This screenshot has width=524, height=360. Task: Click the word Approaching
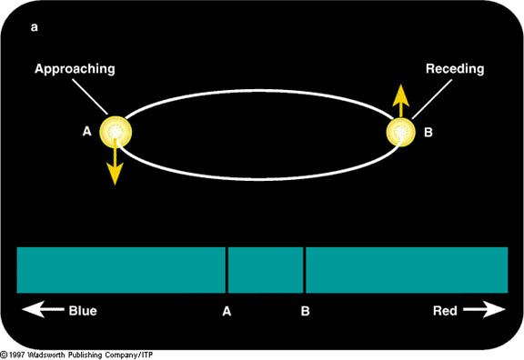[x=75, y=69]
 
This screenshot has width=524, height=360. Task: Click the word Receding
[x=455, y=68]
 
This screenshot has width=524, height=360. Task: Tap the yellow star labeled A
[x=116, y=132]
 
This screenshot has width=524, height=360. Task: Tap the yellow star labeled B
[x=400, y=132]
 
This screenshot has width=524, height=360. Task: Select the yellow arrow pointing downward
[x=115, y=162]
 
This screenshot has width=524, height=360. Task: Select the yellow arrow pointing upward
[x=400, y=101]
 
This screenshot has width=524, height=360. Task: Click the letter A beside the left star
[x=87, y=131]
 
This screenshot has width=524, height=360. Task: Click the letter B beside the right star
[x=428, y=132]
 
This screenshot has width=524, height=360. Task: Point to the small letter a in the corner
[x=34, y=27]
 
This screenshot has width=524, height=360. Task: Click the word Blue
[x=83, y=311]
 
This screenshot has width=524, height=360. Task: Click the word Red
[x=445, y=311]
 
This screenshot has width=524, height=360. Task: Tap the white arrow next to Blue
[x=43, y=309]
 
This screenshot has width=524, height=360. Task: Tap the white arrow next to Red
[x=484, y=309]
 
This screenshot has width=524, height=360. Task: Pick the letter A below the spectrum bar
[x=227, y=311]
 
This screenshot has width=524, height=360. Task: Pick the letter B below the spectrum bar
[x=305, y=311]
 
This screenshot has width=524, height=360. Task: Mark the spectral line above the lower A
[x=227, y=270]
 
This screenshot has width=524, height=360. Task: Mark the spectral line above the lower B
[x=305, y=270]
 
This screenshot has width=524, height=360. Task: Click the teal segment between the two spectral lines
[x=266, y=270]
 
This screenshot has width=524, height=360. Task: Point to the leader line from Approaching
[x=90, y=97]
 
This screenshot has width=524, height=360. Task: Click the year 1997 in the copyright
[x=16, y=355]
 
